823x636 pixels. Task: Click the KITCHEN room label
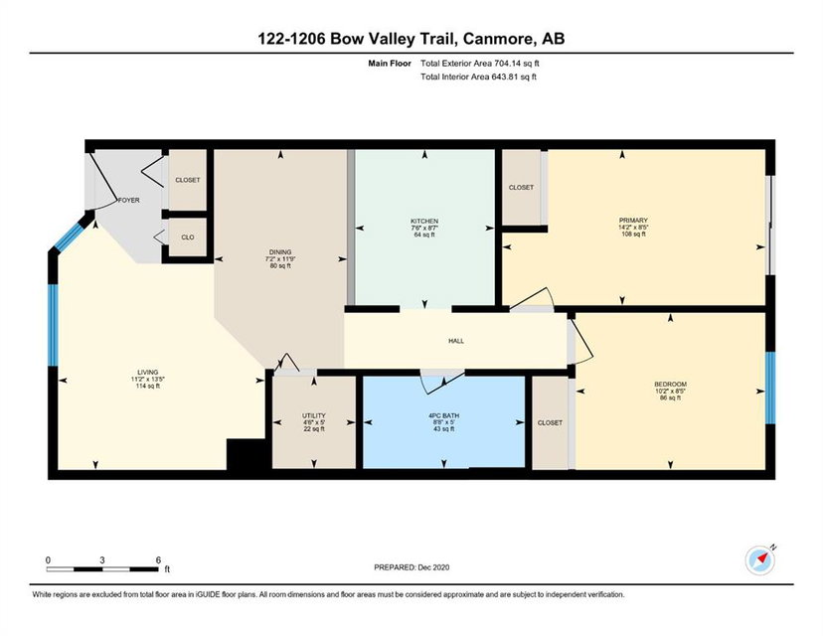(x=424, y=221)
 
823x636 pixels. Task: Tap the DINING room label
(x=279, y=251)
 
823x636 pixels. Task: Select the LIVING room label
(x=147, y=372)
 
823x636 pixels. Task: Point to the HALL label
(x=456, y=341)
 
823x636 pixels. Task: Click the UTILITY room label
(x=314, y=415)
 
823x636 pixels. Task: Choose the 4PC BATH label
(x=443, y=415)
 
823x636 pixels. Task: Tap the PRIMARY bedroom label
(x=633, y=221)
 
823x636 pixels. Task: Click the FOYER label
(x=129, y=200)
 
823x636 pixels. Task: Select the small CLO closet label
(x=188, y=238)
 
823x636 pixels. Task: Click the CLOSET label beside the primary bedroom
(x=521, y=188)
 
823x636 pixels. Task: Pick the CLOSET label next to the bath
(x=550, y=422)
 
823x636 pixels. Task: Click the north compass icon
(x=760, y=560)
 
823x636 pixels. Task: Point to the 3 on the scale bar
(x=101, y=559)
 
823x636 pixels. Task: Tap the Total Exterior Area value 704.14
(x=506, y=64)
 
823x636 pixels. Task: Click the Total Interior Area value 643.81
(x=503, y=77)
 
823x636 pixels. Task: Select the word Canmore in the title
(x=497, y=39)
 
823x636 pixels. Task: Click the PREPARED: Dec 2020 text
(x=411, y=567)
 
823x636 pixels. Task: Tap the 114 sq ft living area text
(x=147, y=386)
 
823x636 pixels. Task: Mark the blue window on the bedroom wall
(x=770, y=388)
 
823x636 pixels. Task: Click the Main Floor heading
(x=390, y=64)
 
